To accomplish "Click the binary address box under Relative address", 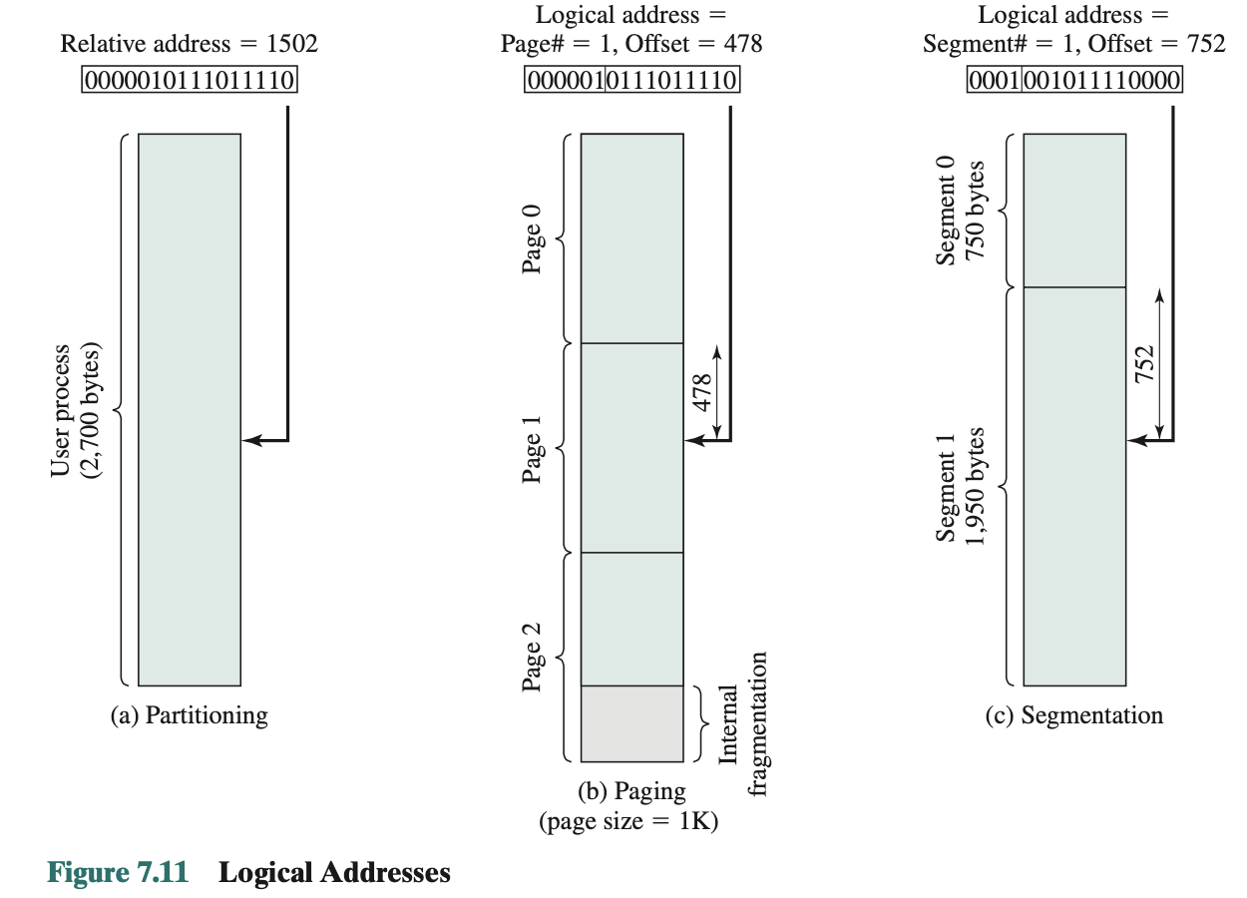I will pyautogui.click(x=190, y=80).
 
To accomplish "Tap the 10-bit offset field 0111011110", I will pyautogui.click(x=671, y=80).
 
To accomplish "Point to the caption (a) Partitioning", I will pyautogui.click(x=189, y=715).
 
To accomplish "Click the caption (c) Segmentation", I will pyautogui.click(x=1073, y=715).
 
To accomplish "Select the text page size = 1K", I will pyautogui.click(x=628, y=823).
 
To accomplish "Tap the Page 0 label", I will pyautogui.click(x=534, y=238).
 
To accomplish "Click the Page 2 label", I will pyautogui.click(x=534, y=658).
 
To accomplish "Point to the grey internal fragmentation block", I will pyautogui.click(x=631, y=723).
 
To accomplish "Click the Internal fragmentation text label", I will pyautogui.click(x=742, y=723).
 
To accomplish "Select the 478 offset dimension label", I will pyautogui.click(x=701, y=391).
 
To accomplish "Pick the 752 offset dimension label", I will pyautogui.click(x=1144, y=364).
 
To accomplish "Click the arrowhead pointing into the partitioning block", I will pyautogui.click(x=252, y=440).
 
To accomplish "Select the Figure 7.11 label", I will pyautogui.click(x=118, y=873).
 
